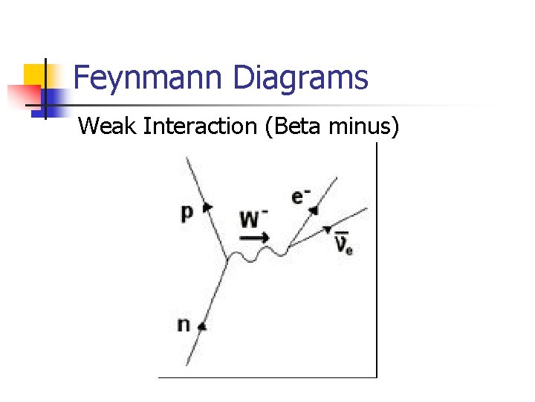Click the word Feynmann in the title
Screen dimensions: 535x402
click(149, 78)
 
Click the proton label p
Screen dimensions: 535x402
click(187, 213)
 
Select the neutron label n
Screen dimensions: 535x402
click(183, 325)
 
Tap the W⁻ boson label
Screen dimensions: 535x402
click(254, 219)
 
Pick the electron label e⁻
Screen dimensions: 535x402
click(301, 197)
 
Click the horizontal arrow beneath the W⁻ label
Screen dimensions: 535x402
click(255, 237)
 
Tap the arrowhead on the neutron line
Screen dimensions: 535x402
click(201, 325)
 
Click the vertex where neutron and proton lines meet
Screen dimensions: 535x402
click(226, 260)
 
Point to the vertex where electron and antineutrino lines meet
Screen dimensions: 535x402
click(287, 247)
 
